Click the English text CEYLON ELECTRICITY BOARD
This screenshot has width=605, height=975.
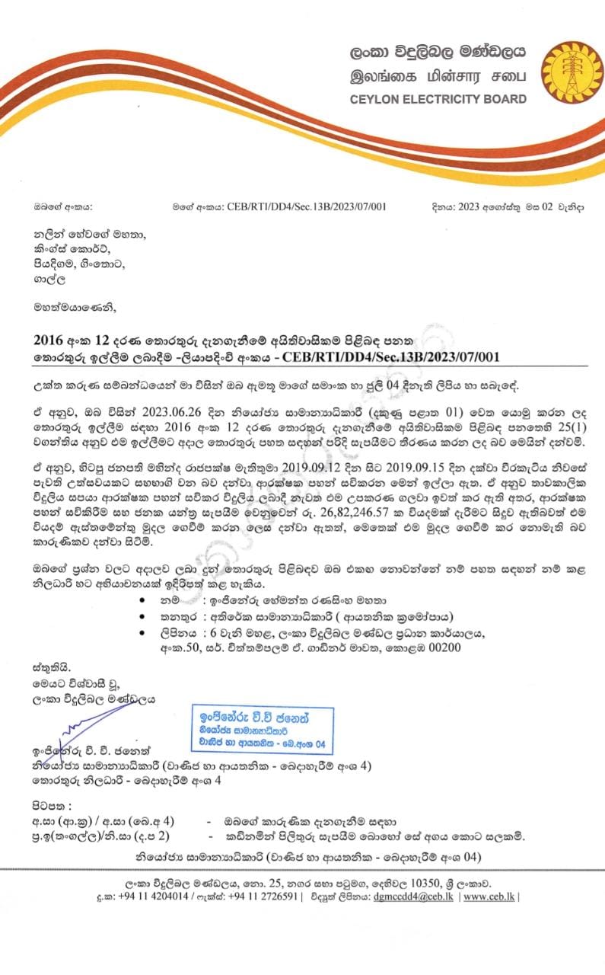click(438, 99)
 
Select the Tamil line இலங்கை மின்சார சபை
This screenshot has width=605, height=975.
click(438, 76)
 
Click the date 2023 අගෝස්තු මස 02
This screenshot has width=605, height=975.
click(492, 206)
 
